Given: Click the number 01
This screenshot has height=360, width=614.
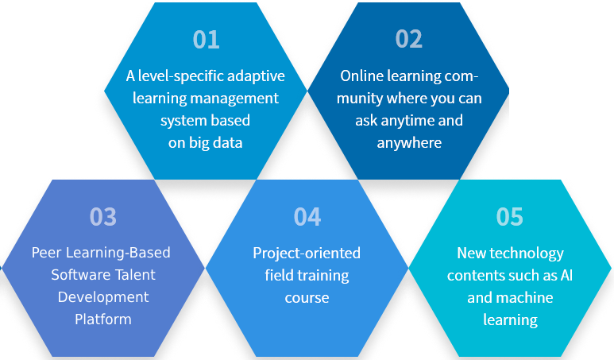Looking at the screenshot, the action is (206, 40).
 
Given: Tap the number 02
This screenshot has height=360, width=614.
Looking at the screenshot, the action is (409, 39).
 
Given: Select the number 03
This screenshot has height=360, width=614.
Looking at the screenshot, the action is (103, 217).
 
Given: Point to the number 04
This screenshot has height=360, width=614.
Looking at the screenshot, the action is (307, 217).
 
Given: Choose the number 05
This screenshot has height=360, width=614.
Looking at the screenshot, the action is (509, 217).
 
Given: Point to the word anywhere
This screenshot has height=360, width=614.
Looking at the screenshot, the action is (409, 143).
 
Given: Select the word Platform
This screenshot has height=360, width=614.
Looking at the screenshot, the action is (103, 319).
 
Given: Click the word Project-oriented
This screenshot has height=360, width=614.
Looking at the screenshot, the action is (307, 254).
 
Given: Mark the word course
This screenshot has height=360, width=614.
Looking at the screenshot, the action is (307, 298).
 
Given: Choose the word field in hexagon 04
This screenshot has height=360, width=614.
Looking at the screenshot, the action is (277, 275).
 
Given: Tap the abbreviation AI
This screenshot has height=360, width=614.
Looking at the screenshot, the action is (566, 276).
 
